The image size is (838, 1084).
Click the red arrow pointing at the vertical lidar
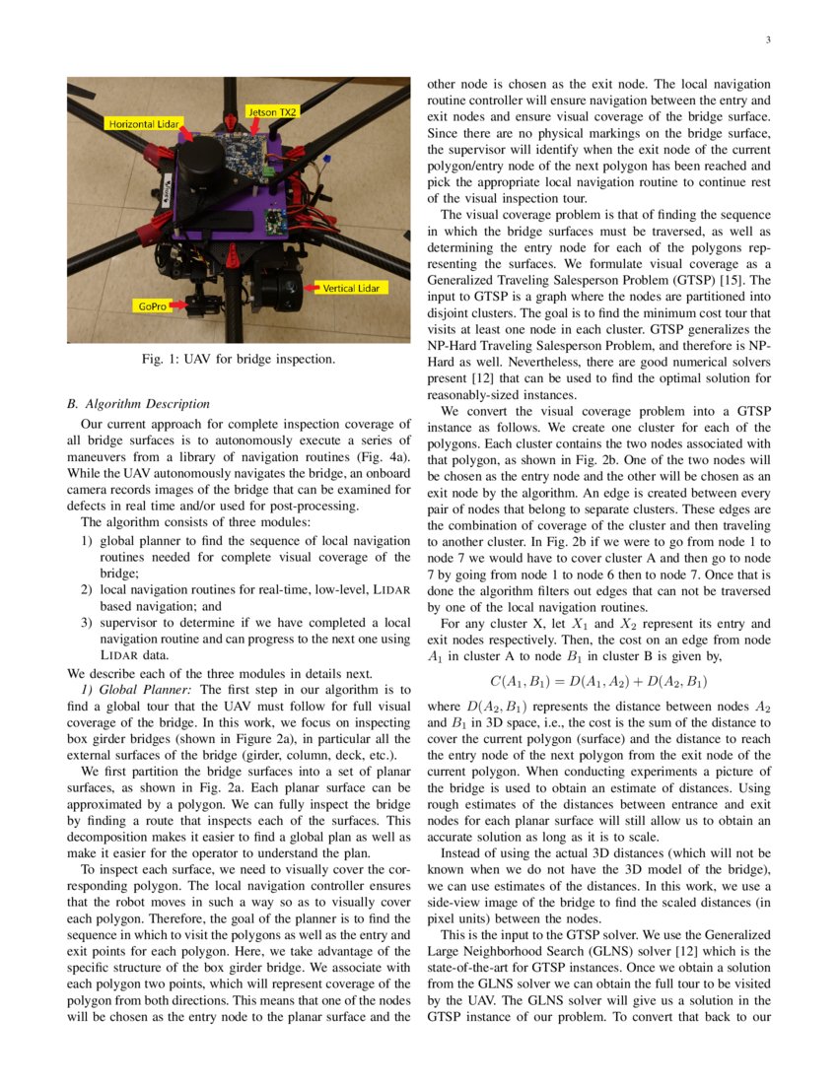tap(314, 288)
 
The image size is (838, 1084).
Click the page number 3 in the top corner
tap(767, 40)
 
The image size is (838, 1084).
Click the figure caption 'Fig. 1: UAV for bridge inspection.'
tap(239, 360)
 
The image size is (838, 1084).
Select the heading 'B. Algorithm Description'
tap(136, 403)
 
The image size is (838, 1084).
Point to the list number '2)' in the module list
tap(87, 589)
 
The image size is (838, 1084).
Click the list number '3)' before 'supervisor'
tap(87, 622)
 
